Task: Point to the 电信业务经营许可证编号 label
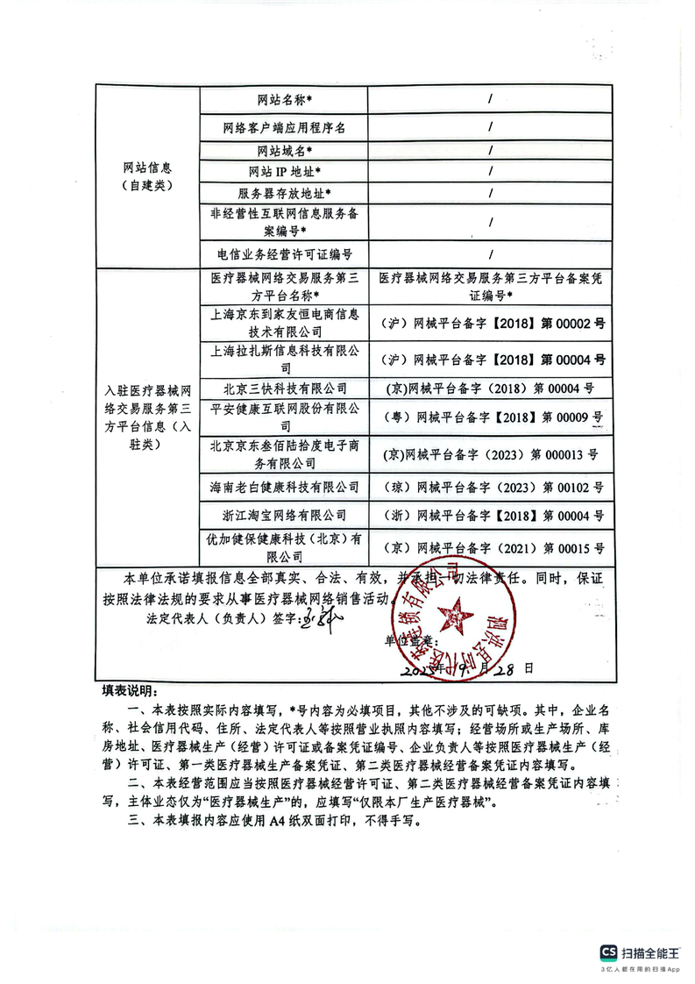[x=285, y=254]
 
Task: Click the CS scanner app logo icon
[x=608, y=953]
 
